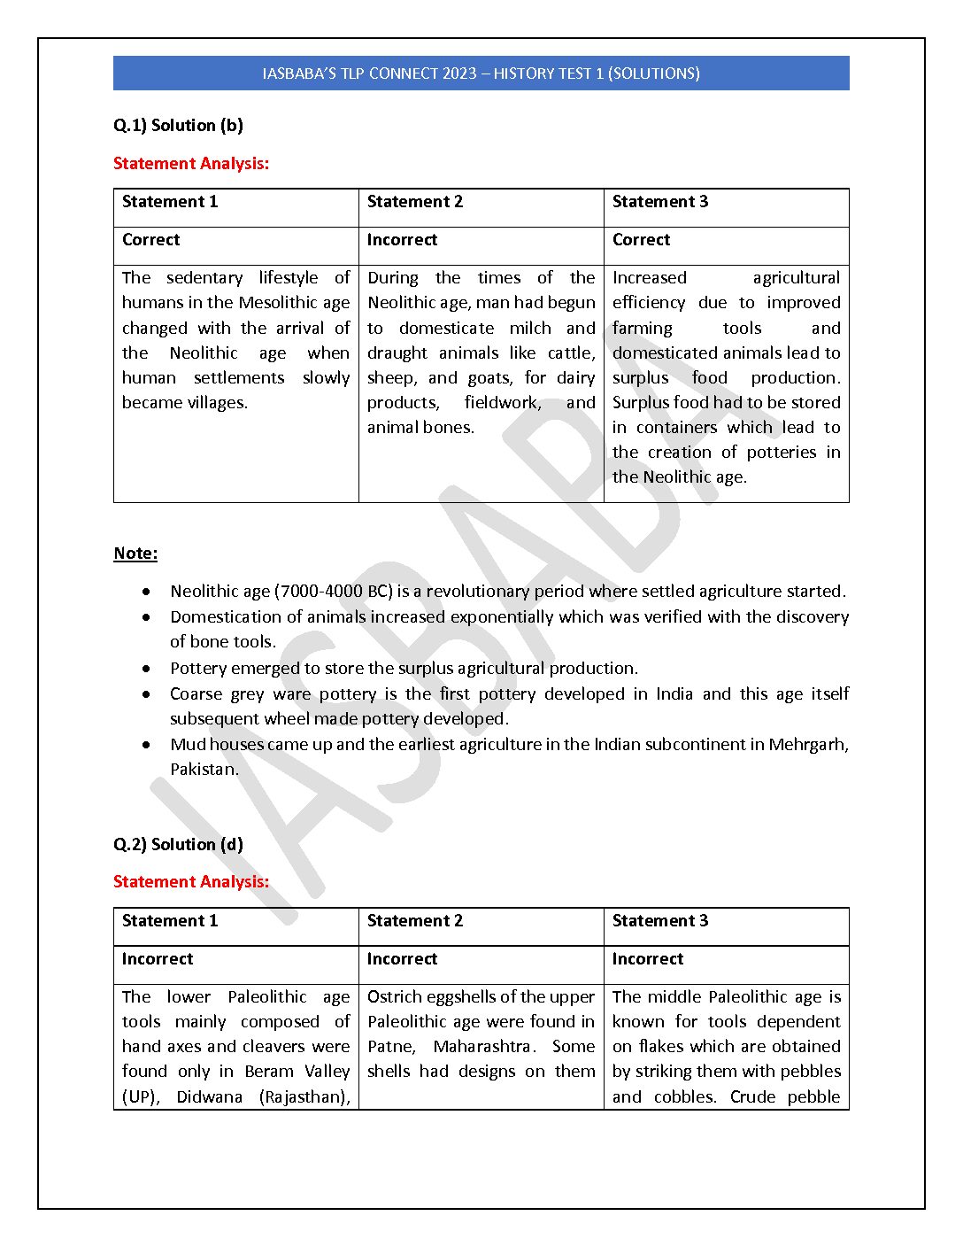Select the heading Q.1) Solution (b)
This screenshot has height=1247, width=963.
(178, 125)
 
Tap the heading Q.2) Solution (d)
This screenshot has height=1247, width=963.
(178, 844)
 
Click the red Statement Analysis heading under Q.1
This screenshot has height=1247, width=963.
(191, 163)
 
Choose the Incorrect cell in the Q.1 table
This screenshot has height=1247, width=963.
(402, 239)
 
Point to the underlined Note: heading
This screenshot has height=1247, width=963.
(135, 554)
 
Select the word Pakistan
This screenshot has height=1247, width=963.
(203, 769)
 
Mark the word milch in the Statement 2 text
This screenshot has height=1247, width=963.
(530, 328)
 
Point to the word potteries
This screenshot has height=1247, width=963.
(781, 452)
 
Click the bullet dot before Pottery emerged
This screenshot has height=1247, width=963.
(146, 668)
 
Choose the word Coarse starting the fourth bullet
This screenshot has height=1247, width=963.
(196, 693)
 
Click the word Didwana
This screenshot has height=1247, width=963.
(209, 1096)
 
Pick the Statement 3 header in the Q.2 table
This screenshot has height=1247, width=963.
(659, 920)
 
